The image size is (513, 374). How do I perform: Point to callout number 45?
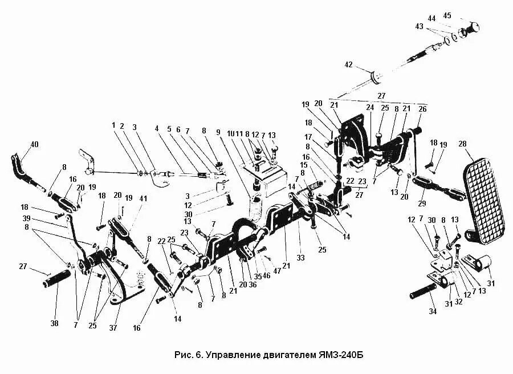447,15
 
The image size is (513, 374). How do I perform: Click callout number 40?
35,144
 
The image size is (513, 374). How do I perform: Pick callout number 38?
54,323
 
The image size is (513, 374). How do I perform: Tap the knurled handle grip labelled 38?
55,279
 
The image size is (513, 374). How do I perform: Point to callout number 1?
113,125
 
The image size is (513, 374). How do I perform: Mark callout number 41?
144,198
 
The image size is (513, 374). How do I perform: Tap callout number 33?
300,258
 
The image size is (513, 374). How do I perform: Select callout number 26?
422,108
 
